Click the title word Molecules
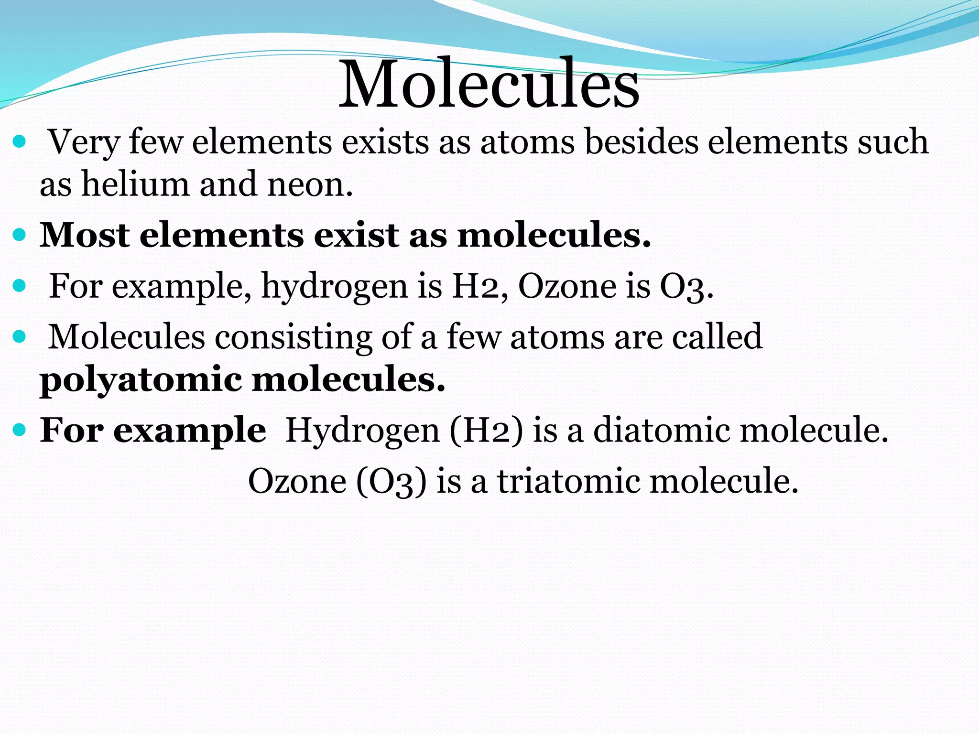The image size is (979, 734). click(x=489, y=84)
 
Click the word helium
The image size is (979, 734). click(x=135, y=184)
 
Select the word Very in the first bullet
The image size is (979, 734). click(x=84, y=142)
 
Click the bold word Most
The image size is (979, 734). click(x=84, y=235)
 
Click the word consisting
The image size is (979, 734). click(x=293, y=337)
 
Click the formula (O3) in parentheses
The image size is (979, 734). click(x=391, y=482)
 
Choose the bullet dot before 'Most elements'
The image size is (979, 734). click(x=19, y=236)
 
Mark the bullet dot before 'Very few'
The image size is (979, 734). click(x=19, y=142)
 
